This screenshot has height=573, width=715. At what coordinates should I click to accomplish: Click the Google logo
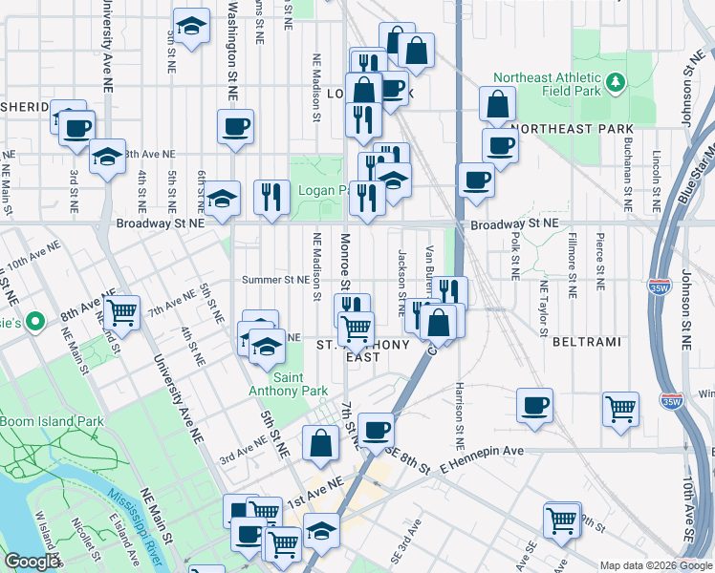click(x=32, y=562)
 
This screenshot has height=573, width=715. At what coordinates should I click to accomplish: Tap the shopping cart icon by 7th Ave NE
click(x=121, y=311)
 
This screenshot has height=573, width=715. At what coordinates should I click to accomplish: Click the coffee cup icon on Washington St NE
click(x=235, y=126)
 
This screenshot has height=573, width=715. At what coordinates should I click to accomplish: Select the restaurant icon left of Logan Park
click(x=271, y=197)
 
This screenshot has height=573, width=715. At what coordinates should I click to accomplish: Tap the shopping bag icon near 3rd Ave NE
click(x=320, y=442)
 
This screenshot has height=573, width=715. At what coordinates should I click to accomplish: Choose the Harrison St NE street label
click(x=460, y=420)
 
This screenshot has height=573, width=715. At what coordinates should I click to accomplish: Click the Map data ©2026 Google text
click(x=654, y=564)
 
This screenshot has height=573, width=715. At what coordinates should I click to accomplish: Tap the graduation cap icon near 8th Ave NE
click(x=107, y=157)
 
